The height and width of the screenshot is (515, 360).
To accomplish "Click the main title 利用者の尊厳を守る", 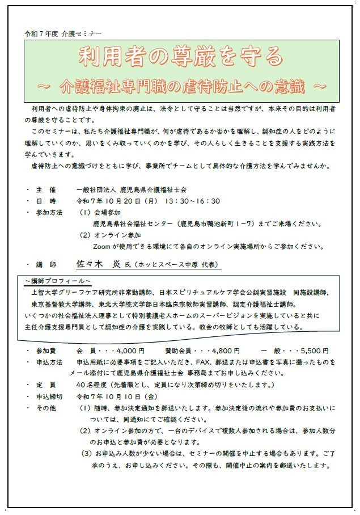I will [x=180, y=57].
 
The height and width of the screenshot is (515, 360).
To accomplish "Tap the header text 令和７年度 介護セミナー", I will [x=63, y=34].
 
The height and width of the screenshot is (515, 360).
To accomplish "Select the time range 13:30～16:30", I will [x=192, y=201].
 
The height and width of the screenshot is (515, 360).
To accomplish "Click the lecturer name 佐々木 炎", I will [x=95, y=264].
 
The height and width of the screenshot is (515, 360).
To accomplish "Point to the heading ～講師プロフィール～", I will [x=57, y=281].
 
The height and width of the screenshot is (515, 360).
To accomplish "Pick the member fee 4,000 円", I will [x=128, y=351].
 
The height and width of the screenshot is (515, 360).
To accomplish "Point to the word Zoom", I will [x=102, y=247].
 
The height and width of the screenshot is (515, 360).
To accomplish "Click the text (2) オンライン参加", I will [x=110, y=235].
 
